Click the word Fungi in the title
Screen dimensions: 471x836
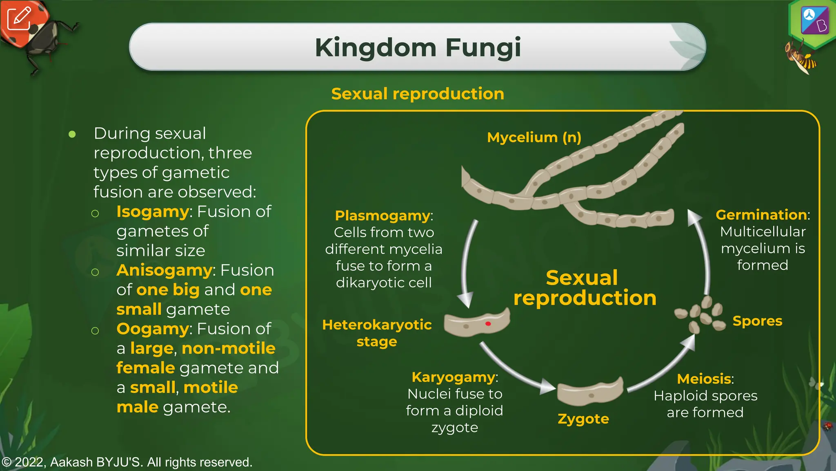pyautogui.click(x=483, y=48)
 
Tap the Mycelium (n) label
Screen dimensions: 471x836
pyautogui.click(x=534, y=137)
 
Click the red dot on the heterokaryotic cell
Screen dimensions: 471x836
pyautogui.click(x=488, y=324)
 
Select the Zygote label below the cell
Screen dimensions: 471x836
pyautogui.click(x=583, y=419)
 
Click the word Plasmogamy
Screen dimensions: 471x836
pyautogui.click(x=383, y=215)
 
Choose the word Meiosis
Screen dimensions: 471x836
pyautogui.click(x=704, y=379)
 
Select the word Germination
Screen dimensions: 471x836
pyautogui.click(x=761, y=215)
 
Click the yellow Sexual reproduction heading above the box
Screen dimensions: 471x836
pyautogui.click(x=418, y=94)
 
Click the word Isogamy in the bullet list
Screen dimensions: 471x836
pyautogui.click(x=153, y=212)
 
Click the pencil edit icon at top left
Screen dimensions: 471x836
pyautogui.click(x=19, y=18)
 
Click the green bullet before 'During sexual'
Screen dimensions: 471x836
pyautogui.click(x=72, y=134)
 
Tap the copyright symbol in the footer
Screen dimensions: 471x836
pyautogui.click(x=6, y=462)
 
